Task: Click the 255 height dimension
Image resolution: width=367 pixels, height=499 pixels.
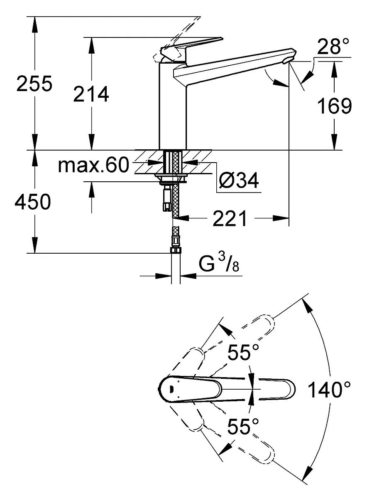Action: (34, 83)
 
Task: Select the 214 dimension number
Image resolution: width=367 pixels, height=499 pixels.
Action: (91, 94)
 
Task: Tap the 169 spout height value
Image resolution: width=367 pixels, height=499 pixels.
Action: (335, 106)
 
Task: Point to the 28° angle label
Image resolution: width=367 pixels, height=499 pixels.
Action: (333, 46)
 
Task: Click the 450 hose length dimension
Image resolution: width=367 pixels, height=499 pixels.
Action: (33, 201)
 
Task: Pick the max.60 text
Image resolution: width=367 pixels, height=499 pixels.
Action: (93, 164)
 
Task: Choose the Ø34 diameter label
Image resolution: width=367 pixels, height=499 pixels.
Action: (238, 180)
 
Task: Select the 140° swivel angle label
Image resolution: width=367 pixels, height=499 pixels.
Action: (329, 390)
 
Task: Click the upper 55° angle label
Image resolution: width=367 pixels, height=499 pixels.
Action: (243, 352)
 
